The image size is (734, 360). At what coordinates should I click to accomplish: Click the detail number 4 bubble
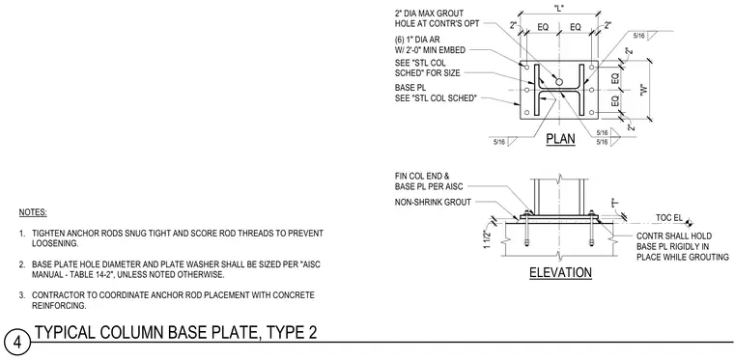17,343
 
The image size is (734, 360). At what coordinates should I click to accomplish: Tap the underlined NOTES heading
33,212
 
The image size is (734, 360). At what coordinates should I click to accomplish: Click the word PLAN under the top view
561,139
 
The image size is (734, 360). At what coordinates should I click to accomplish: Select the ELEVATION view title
561,272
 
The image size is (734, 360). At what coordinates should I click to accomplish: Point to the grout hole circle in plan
559,82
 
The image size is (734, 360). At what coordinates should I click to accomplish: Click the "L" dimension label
558,8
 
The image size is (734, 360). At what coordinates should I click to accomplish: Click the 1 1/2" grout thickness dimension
488,240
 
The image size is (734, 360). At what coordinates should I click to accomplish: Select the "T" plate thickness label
614,203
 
